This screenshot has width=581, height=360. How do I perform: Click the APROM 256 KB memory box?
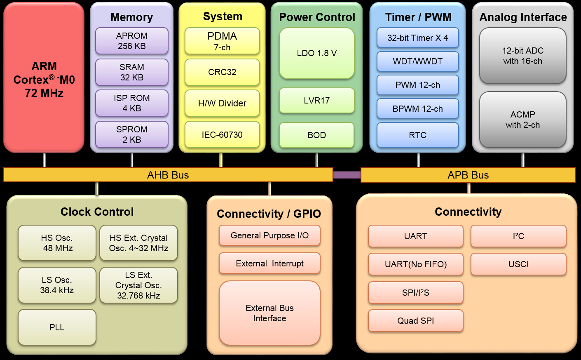[132, 41]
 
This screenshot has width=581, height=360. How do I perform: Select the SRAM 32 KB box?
[132, 72]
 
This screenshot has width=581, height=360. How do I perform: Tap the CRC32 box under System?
[222, 72]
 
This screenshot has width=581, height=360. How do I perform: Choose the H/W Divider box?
[222, 103]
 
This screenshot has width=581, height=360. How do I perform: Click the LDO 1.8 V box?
[316, 53]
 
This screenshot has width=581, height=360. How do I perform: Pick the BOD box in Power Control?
[316, 135]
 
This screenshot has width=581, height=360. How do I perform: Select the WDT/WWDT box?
[417, 61]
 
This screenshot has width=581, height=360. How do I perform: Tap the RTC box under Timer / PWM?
[417, 135]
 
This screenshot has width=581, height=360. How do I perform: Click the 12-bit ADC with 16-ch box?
[522, 56]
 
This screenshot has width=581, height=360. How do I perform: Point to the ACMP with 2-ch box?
[522, 120]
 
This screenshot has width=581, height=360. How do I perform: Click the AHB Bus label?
[168, 175]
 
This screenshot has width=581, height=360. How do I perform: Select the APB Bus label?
[468, 175]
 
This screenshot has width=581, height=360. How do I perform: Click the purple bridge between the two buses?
[347, 175]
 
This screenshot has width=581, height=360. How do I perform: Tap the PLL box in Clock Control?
[57, 327]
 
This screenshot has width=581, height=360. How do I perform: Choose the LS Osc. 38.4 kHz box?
[57, 285]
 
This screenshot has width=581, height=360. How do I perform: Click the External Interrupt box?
[269, 264]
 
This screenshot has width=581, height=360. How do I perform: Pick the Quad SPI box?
[415, 321]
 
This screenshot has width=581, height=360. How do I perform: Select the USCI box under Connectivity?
[518, 264]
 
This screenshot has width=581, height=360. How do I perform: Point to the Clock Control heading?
[97, 212]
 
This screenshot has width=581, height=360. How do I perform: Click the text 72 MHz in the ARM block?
[44, 93]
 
